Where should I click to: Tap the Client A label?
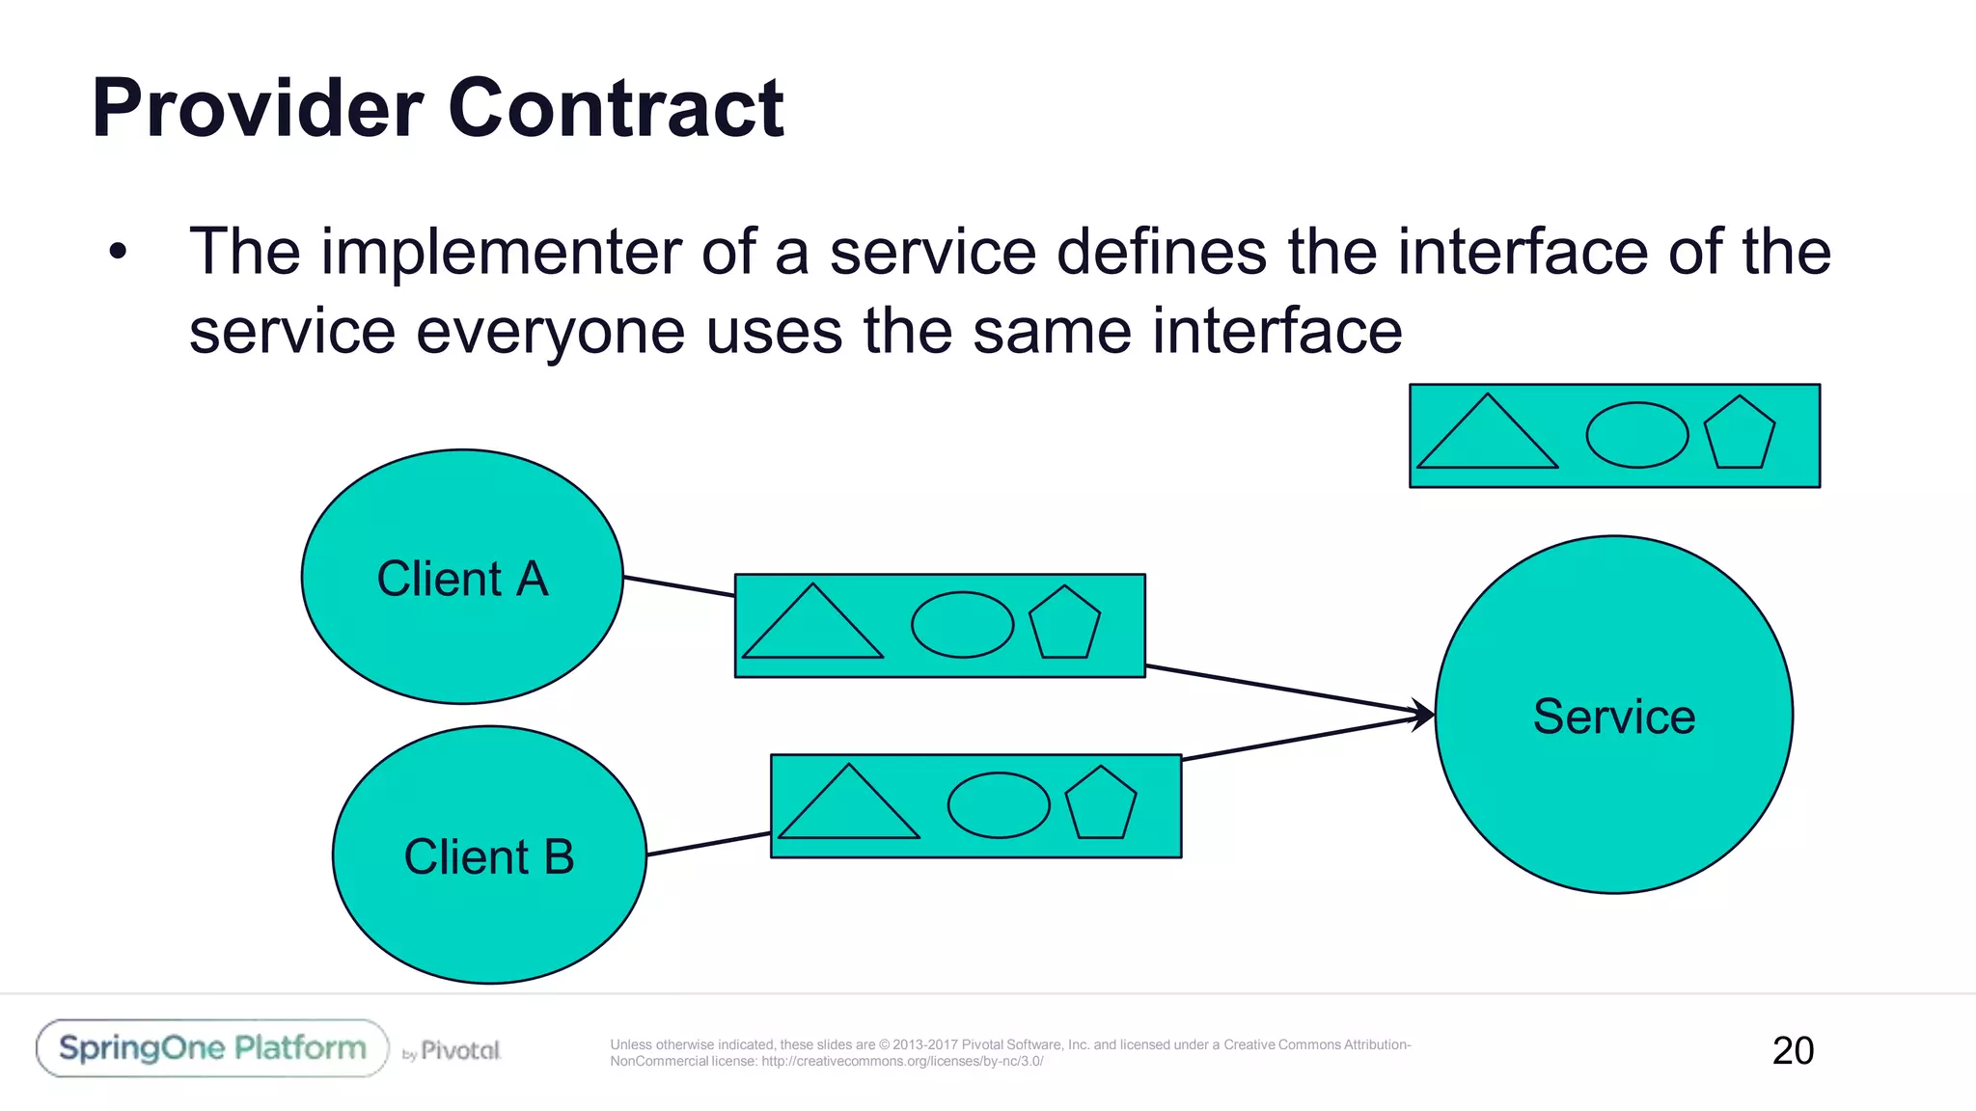click(462, 580)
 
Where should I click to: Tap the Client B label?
click(489, 857)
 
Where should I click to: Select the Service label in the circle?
click(1613, 717)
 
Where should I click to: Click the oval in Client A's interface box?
click(962, 625)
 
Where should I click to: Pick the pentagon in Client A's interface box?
click(1064, 625)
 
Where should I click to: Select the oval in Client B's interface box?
click(999, 805)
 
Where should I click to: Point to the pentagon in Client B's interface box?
click(1100, 805)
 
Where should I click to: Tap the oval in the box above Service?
click(1637, 435)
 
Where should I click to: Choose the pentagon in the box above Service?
click(1739, 435)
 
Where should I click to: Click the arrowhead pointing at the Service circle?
click(1424, 715)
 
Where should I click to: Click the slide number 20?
click(1793, 1050)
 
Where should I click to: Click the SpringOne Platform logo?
click(212, 1048)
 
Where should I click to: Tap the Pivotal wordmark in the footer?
click(460, 1050)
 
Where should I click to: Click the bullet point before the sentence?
click(118, 253)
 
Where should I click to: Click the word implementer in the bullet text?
click(502, 253)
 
